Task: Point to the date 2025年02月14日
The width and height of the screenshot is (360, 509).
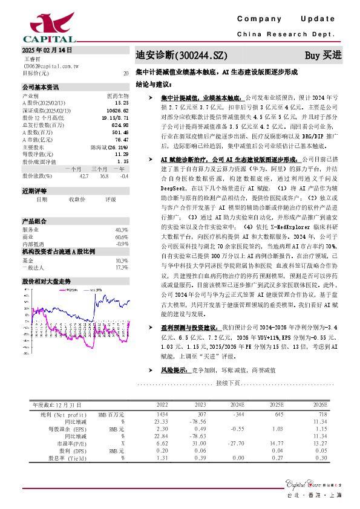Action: click(47, 50)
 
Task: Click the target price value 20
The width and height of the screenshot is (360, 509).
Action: click(126, 73)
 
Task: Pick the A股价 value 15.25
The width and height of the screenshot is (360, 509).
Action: click(121, 103)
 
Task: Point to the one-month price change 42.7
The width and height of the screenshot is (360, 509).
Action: click(83, 176)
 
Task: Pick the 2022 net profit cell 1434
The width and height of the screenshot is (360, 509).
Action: click(162, 414)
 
